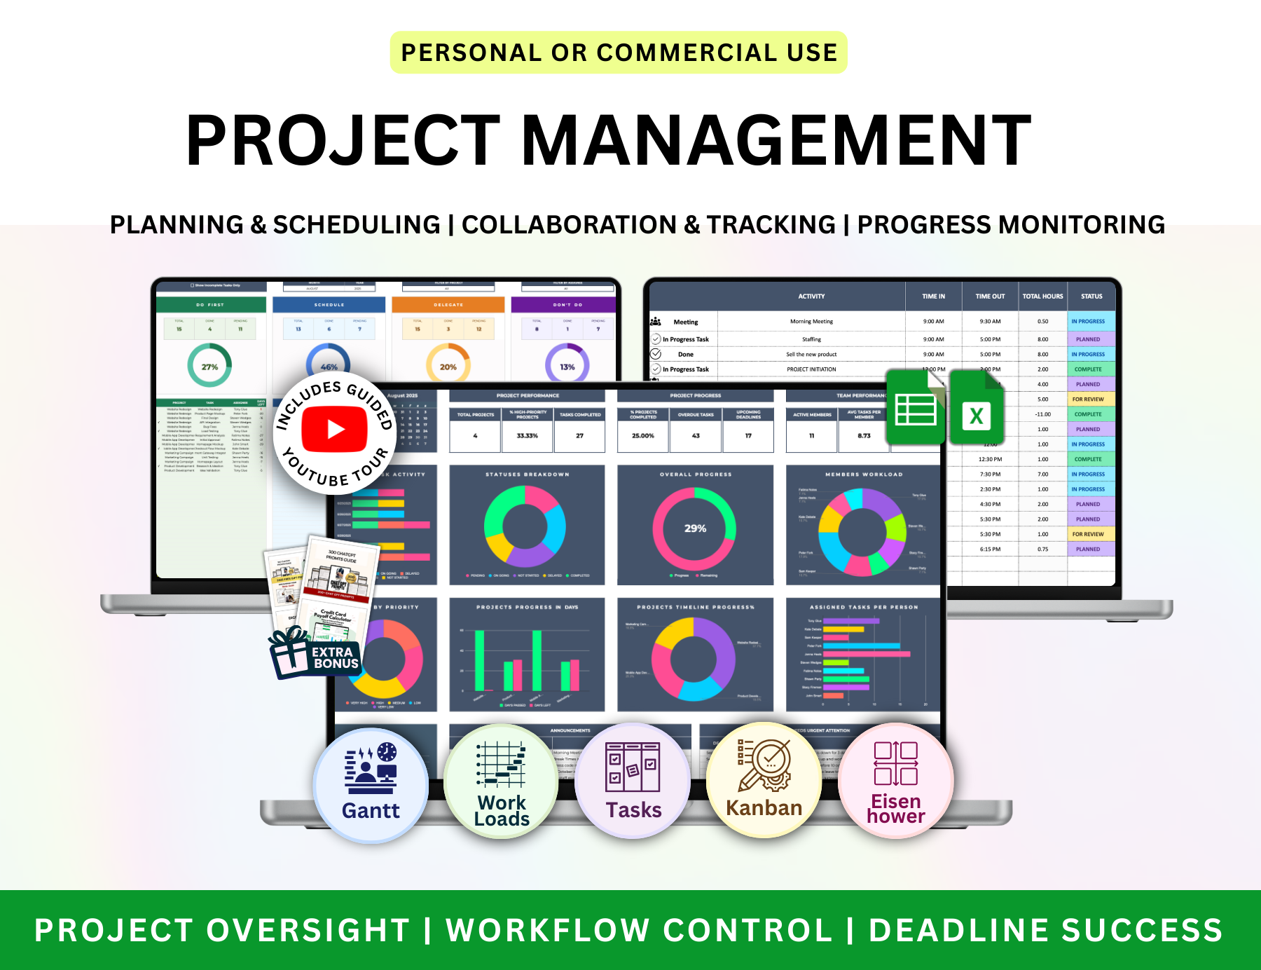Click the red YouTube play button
335,429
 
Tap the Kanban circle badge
764,780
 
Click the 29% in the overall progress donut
695,528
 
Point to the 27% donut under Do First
209,367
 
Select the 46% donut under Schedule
329,364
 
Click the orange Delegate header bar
448,305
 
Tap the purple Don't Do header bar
567,305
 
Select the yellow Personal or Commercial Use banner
619,53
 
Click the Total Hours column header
1042,296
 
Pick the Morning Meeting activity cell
811,322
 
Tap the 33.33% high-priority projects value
528,436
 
